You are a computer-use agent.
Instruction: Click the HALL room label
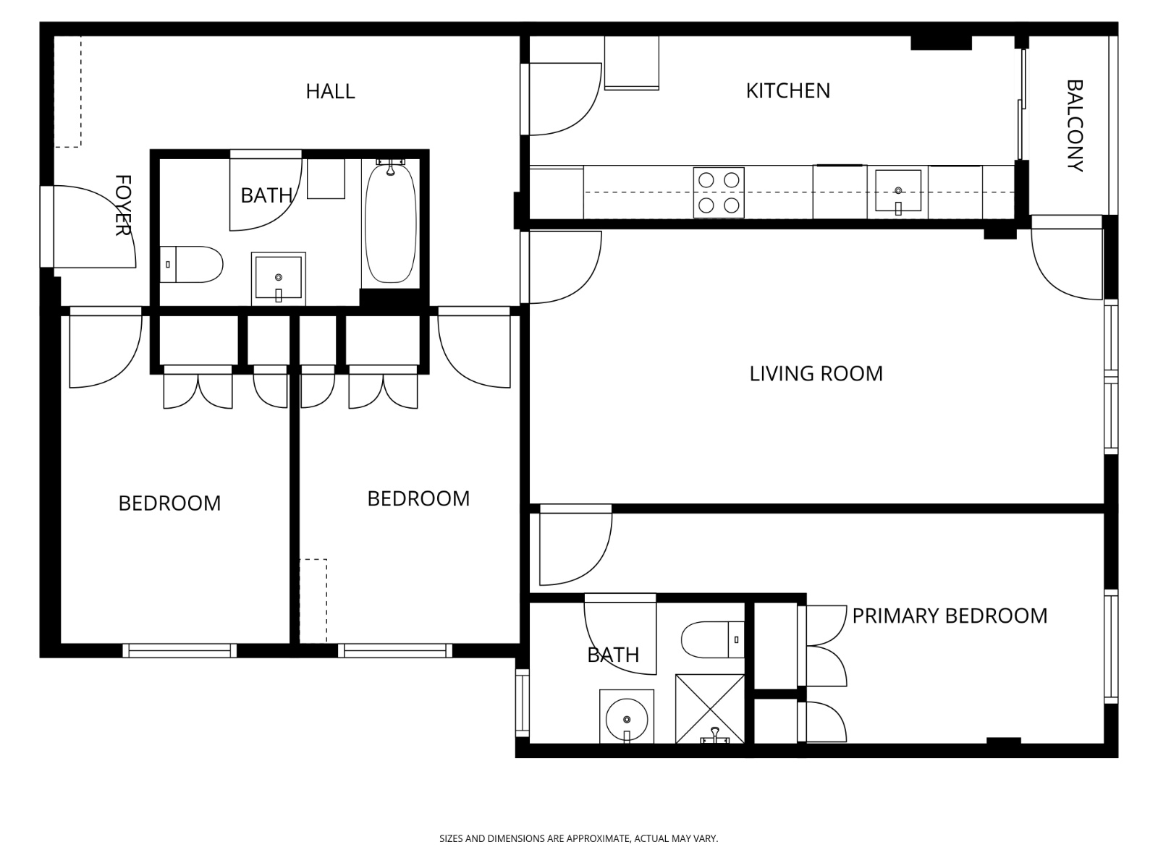click(x=330, y=91)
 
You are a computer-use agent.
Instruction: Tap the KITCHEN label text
click(x=787, y=90)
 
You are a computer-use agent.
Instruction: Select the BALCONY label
click(x=1075, y=125)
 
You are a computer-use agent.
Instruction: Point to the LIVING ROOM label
click(x=816, y=374)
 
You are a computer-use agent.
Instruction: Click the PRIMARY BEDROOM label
click(x=950, y=616)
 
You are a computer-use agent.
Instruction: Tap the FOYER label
click(x=123, y=205)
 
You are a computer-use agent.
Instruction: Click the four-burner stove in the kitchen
click(x=719, y=192)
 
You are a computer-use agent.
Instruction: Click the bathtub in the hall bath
click(x=390, y=223)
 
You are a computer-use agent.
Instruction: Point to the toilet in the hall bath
click(x=191, y=264)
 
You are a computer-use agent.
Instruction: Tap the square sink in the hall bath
click(x=278, y=278)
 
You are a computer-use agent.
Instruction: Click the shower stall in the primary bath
click(x=709, y=708)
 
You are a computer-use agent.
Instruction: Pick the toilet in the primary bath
click(x=712, y=640)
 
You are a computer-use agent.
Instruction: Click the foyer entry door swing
click(x=95, y=226)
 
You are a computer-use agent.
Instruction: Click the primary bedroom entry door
click(x=575, y=548)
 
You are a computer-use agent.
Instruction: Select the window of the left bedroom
click(x=179, y=651)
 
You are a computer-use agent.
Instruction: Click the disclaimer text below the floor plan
click(x=579, y=838)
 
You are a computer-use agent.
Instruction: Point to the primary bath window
click(x=523, y=702)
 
